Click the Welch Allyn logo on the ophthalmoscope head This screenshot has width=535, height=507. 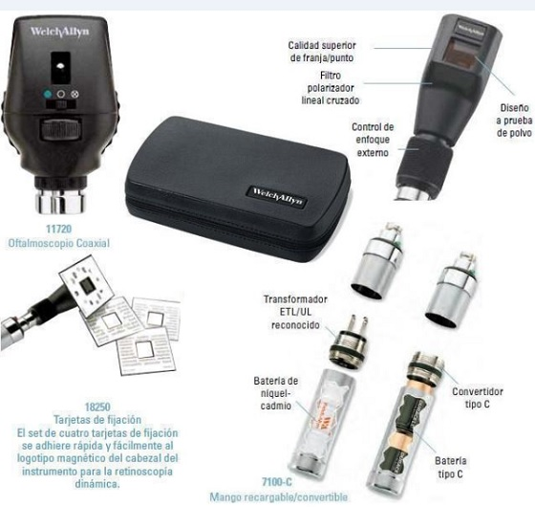59,32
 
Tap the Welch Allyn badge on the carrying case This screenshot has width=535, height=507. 277,196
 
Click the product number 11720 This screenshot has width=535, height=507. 58,229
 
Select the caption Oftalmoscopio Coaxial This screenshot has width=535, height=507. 58,243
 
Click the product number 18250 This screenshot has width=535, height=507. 97,407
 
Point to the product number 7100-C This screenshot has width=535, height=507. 277,482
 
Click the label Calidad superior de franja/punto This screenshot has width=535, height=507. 322,52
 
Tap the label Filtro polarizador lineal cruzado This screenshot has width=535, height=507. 331,88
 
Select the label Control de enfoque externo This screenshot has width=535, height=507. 373,140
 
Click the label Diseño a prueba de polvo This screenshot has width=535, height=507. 514,121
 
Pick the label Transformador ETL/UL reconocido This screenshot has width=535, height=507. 295,312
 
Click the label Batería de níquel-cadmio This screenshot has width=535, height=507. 276,393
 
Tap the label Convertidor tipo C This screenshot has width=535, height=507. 478,398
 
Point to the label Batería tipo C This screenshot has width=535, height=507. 450,468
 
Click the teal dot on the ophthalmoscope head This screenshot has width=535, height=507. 48,95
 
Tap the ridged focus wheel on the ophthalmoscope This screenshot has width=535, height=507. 61,129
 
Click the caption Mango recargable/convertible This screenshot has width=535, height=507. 278,496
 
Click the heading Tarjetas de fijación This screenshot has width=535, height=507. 97,420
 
